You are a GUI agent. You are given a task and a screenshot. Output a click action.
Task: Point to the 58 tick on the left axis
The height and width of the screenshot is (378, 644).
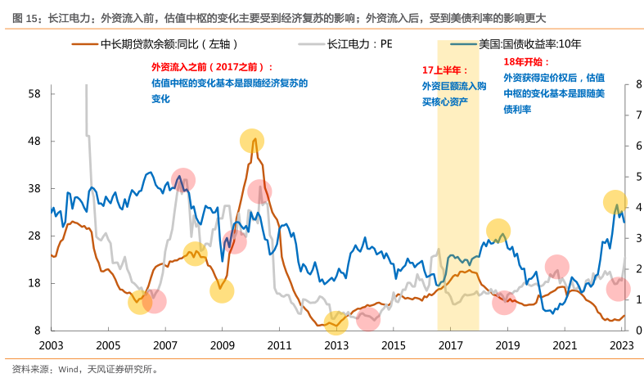click(x=34, y=94)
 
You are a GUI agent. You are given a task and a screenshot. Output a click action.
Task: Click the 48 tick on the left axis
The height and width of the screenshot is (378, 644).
click(x=34, y=142)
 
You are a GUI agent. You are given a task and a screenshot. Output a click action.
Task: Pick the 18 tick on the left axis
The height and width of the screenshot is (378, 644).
click(x=34, y=284)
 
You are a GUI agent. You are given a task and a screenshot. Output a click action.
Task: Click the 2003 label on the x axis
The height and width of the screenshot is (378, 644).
click(x=51, y=346)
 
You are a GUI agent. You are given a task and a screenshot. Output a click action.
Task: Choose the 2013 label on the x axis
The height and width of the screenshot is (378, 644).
click(x=336, y=346)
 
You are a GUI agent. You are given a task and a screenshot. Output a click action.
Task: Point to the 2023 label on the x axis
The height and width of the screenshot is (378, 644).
click(x=621, y=346)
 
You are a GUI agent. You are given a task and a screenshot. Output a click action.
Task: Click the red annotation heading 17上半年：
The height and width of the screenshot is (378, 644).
click(x=445, y=70)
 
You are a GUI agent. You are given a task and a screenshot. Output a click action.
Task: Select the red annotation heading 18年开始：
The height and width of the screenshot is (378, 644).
click(x=526, y=62)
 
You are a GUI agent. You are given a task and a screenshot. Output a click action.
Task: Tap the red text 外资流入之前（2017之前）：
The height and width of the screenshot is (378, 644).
click(x=213, y=68)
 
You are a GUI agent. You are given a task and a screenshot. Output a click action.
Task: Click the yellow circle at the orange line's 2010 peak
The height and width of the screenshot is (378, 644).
click(x=253, y=141)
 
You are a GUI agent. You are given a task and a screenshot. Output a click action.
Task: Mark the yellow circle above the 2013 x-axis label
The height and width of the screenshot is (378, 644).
click(x=336, y=322)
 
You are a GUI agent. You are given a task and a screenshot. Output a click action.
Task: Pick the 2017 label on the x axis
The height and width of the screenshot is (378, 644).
click(x=450, y=346)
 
